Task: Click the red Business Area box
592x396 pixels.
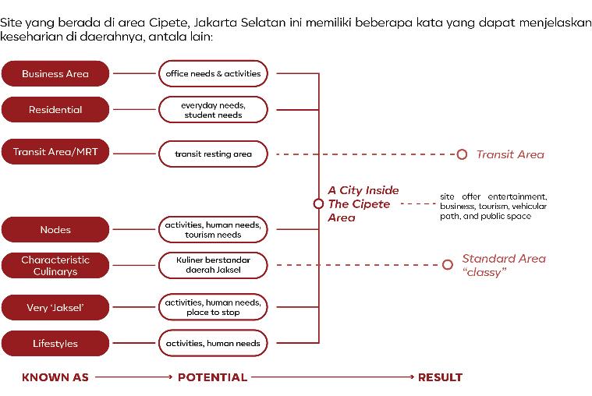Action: (55, 74)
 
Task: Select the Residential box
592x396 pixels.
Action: (55, 110)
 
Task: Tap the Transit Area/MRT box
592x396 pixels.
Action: (55, 152)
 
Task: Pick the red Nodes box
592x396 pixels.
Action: (55, 230)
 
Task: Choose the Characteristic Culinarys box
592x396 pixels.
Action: (55, 266)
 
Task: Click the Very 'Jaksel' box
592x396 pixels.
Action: (55, 308)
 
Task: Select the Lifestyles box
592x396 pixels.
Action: (55, 344)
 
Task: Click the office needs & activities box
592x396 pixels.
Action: (213, 74)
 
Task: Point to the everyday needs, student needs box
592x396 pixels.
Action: (213, 110)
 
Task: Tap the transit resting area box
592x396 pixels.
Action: (213, 154)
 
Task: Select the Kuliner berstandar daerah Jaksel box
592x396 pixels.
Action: (213, 266)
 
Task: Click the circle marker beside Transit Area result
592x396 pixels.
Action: (462, 154)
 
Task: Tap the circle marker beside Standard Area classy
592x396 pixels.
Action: (447, 265)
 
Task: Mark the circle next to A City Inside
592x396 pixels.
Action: (318, 203)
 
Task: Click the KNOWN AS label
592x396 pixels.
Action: (55, 378)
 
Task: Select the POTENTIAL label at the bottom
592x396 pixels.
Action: (212, 378)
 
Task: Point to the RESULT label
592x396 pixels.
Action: (440, 378)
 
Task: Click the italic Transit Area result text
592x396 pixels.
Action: (510, 154)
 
